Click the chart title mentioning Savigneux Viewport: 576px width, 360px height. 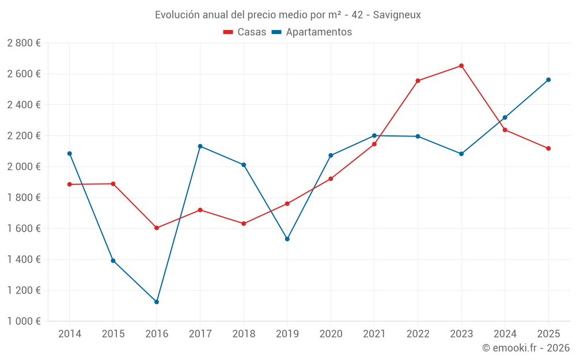point(287,14)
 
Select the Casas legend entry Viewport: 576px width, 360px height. point(245,32)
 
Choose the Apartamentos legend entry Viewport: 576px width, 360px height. point(312,32)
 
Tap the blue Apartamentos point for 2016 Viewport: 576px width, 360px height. point(157,302)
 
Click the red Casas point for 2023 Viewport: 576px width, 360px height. point(461,66)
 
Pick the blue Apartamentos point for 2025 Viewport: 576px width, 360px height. point(548,79)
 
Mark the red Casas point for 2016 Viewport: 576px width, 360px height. point(157,228)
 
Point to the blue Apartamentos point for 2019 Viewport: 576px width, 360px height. point(287,239)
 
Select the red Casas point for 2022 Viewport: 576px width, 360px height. point(418,81)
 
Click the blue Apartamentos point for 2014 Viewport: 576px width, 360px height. point(70,154)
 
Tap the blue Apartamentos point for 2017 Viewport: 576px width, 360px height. point(200,146)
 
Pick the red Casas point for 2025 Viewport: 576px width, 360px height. point(548,149)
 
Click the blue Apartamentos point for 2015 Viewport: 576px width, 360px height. point(113,260)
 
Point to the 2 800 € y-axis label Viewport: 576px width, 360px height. point(24,43)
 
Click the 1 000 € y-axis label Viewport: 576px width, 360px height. point(24,321)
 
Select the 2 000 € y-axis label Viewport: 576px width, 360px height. point(24,166)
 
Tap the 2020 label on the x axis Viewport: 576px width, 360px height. point(331,334)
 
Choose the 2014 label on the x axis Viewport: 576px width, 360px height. point(70,334)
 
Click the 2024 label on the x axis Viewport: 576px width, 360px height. point(505,334)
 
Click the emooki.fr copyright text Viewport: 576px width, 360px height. point(526,348)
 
